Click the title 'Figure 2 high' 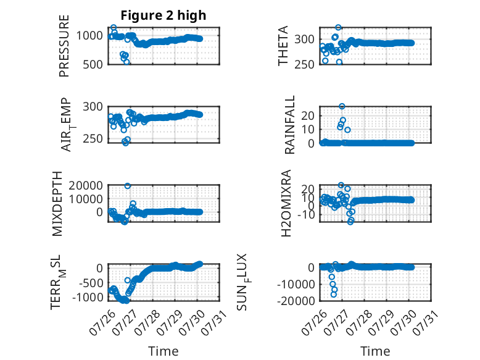(x=163, y=15)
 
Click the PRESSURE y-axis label (x=64, y=46)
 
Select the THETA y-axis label (x=283, y=46)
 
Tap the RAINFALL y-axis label (x=289, y=125)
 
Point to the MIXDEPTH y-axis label (x=57, y=204)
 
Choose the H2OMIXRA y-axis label (x=286, y=203)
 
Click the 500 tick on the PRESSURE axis (x=93, y=64)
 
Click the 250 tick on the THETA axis (x=304, y=64)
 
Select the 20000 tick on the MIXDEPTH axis (x=85, y=185)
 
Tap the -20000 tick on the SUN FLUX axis (x=296, y=301)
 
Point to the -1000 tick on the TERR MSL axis (x=88, y=297)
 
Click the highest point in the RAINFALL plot (x=342, y=106)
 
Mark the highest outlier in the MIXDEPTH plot (x=127, y=186)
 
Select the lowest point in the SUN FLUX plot (x=333, y=295)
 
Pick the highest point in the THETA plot (x=338, y=28)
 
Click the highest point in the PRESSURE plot (x=114, y=28)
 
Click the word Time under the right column (x=375, y=351)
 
